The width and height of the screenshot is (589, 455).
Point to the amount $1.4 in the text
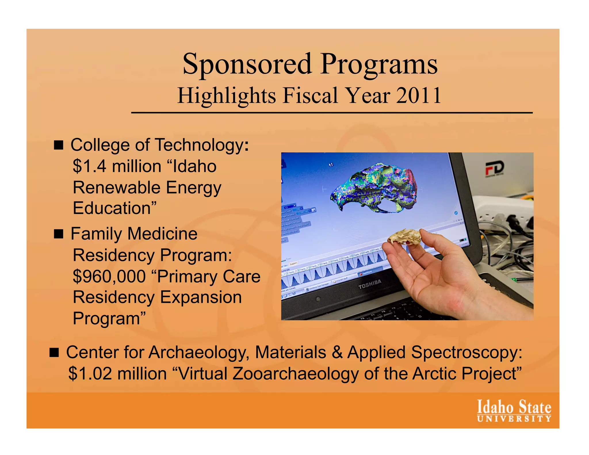point(89,166)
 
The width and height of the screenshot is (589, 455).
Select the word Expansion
point(201,297)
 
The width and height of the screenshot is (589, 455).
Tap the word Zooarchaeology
point(295,373)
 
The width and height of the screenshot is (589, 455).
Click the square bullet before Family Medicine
point(58,234)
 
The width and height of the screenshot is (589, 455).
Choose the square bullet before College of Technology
point(58,145)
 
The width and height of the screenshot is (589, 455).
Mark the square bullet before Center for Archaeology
point(54,353)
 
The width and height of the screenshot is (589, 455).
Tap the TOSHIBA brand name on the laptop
point(370,284)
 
